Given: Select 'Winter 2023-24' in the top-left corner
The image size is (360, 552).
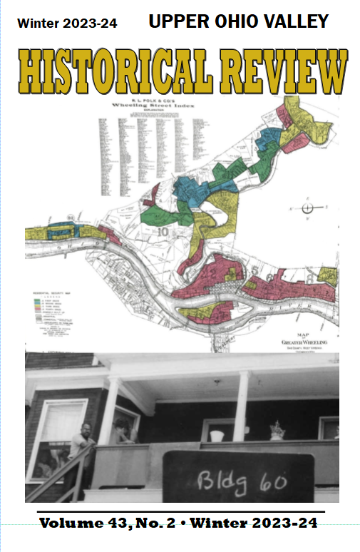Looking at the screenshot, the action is (x=68, y=24).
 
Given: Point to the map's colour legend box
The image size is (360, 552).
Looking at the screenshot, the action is (x=56, y=314).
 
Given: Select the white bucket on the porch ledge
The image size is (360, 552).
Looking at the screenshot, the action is (x=217, y=434).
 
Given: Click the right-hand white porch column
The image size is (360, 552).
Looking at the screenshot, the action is (x=240, y=406).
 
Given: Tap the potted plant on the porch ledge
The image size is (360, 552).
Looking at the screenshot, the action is (x=277, y=431).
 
